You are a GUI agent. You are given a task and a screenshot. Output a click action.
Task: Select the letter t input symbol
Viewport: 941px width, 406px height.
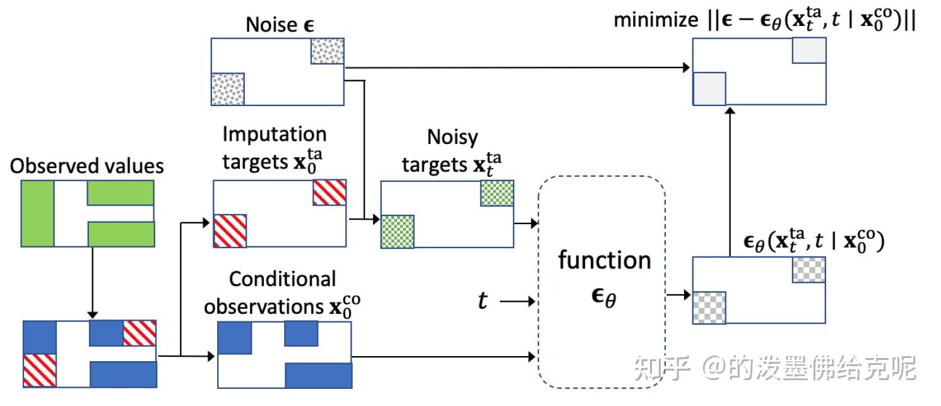482,301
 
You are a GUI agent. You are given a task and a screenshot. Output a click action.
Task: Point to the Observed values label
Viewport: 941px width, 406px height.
87,165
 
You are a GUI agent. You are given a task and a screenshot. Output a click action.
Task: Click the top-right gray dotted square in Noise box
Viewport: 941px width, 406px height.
328,51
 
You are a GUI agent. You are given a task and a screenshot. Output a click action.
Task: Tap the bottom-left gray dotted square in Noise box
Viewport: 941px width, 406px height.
227,88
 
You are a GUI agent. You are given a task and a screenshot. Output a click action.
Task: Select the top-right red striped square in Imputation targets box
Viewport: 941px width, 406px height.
329,193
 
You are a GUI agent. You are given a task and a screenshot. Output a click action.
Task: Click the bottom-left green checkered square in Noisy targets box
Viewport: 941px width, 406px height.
398,231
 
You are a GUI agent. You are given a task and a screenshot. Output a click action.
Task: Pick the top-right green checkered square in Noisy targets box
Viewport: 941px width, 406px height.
497,193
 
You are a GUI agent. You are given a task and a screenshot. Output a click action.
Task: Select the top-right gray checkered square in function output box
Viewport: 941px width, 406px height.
808,270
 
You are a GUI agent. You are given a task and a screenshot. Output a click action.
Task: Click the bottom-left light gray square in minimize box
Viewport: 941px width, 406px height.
709,88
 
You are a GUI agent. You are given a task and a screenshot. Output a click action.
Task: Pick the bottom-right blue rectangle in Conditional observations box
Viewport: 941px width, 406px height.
318,375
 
